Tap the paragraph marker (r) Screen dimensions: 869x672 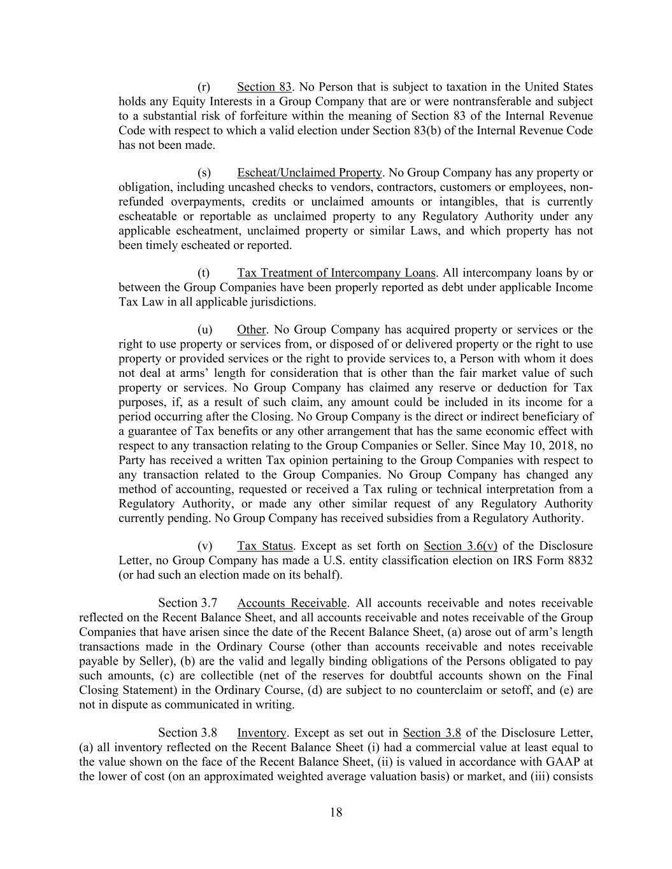coord(204,87)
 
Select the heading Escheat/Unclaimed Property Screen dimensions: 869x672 coord(310,173)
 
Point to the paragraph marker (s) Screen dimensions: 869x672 coord(204,173)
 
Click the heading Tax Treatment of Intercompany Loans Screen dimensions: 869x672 coord(336,273)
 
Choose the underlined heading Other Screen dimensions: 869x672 coord(252,330)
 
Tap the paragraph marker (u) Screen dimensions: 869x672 coord(204,330)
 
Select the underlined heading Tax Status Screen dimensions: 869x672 coord(265,546)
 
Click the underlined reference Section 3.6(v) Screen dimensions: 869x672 coord(460,546)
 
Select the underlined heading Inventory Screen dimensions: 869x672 coord(261,733)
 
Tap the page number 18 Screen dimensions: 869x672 coord(336,812)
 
